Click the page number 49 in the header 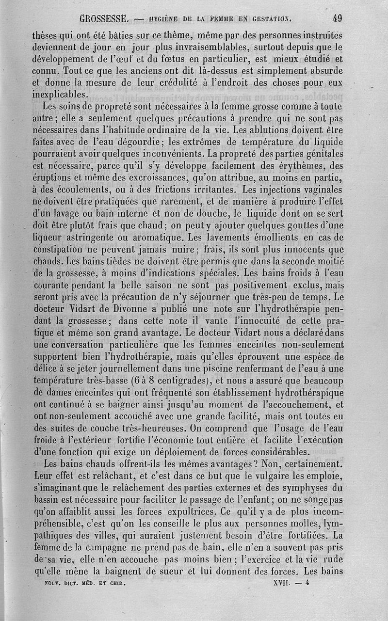337,19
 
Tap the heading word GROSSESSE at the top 104,19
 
